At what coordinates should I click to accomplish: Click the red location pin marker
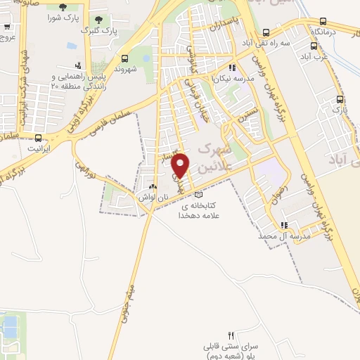point(181,165)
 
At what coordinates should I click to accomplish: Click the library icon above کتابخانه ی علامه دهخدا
point(198,194)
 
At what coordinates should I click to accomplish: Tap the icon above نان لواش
point(153,186)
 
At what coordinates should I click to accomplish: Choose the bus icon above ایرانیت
point(38,138)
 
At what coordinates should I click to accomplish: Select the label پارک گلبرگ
point(96,31)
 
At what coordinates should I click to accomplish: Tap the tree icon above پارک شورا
point(63,7)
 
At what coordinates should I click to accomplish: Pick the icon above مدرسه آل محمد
point(284,226)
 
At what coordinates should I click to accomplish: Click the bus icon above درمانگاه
point(323,22)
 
